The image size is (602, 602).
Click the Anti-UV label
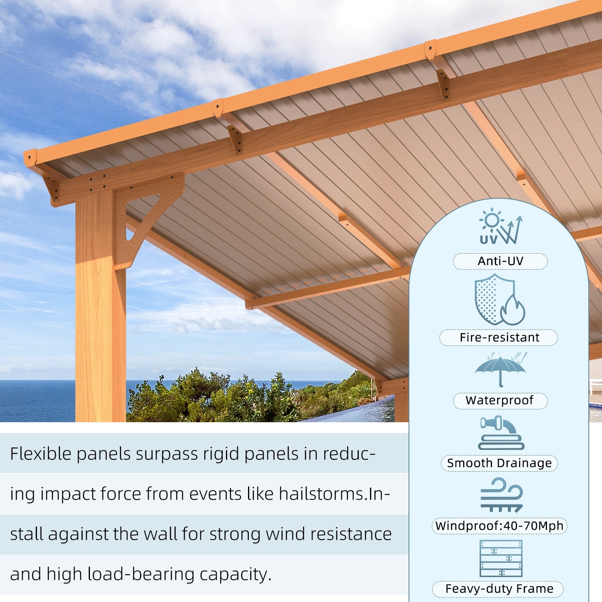(500, 261)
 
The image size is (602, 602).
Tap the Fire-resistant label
(499, 338)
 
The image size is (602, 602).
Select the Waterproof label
(500, 401)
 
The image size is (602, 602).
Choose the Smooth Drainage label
(499, 463)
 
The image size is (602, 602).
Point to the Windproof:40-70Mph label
(499, 526)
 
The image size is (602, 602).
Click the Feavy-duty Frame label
(499, 589)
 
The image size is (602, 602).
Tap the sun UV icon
(500, 226)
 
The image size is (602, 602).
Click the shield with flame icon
(499, 299)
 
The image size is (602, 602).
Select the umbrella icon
(500, 370)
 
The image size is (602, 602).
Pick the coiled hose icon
(501, 433)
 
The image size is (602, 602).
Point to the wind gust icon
(502, 495)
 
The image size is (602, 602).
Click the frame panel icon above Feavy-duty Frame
(501, 558)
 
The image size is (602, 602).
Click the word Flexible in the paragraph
(41, 454)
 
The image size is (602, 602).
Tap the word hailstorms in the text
(321, 494)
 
